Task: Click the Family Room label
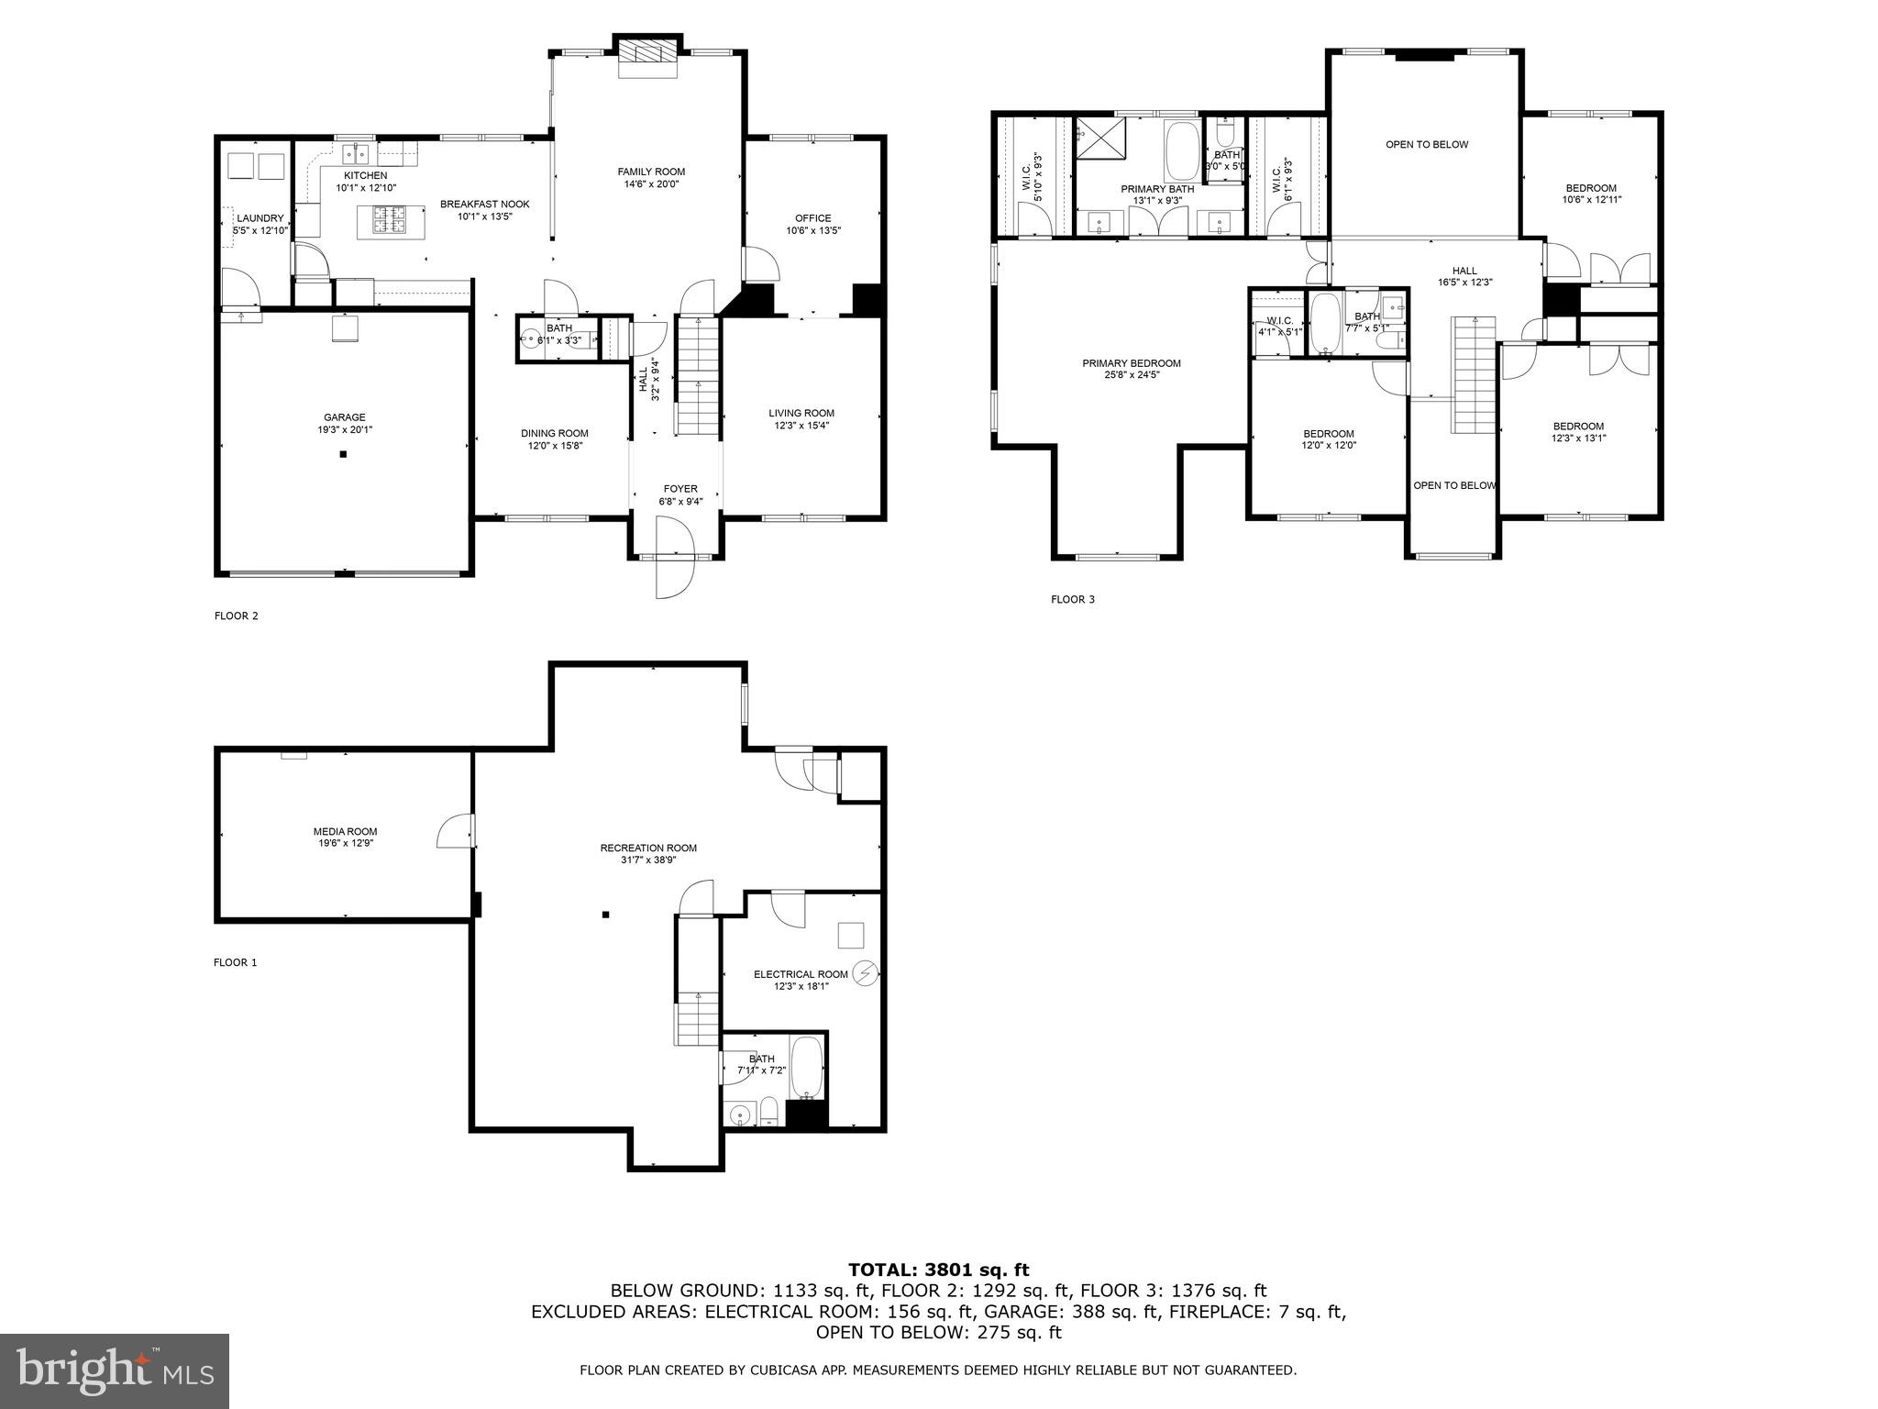coord(651,172)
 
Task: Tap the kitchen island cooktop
coord(390,219)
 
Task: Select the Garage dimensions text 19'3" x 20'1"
coord(344,429)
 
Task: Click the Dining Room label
coord(555,433)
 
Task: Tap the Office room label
coord(812,218)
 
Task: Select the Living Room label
coord(801,413)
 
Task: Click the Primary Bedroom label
coord(1132,363)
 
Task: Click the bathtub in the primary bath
coord(1181,151)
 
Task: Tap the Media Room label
coord(345,831)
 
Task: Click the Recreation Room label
coord(648,848)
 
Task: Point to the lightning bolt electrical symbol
coord(865,973)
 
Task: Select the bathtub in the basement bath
coord(808,1069)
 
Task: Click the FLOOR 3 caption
coord(1072,600)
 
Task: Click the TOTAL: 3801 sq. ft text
coord(938,1270)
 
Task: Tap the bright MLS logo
coord(115,1370)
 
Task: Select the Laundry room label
coord(260,218)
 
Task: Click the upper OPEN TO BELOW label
coord(1426,144)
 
